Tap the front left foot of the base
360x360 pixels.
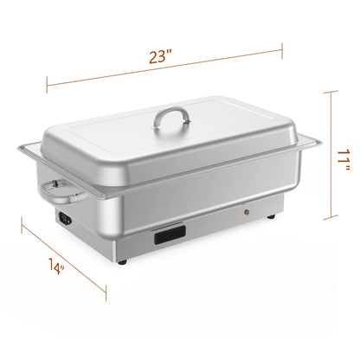pyautogui.click(x=122, y=260)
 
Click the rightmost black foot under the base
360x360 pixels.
pyautogui.click(x=275, y=216)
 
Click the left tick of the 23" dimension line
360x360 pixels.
pyautogui.click(x=46, y=83)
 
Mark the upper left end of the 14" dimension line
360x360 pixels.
pyautogui.click(x=23, y=228)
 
